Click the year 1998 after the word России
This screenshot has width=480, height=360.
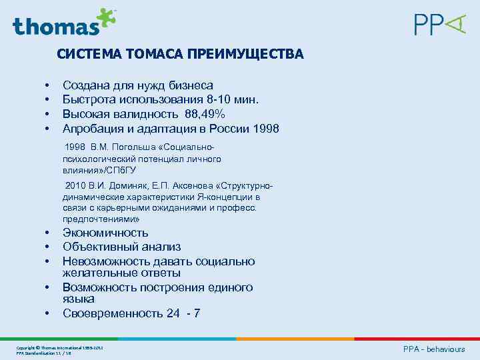pyautogui.click(x=264, y=128)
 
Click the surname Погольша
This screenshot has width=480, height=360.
pyautogui.click(x=131, y=147)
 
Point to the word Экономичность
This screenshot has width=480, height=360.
pyautogui.click(x=105, y=233)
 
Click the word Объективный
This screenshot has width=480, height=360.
pyautogui.click(x=97, y=247)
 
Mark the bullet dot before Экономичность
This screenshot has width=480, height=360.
pyautogui.click(x=47, y=233)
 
